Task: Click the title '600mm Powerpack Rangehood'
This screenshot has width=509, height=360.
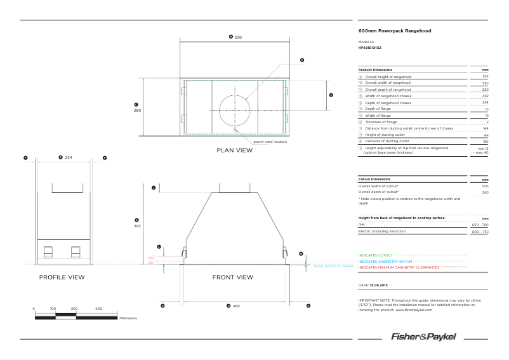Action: [x=387, y=30]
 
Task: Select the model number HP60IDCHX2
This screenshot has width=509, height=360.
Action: [x=370, y=48]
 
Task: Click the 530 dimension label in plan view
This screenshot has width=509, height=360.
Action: [x=238, y=37]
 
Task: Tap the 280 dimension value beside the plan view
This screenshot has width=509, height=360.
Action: [x=137, y=110]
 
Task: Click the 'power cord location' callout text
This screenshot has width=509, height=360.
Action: [x=270, y=142]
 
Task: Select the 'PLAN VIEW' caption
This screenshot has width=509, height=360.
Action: [x=234, y=151]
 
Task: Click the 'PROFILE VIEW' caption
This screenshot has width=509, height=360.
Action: [x=62, y=277]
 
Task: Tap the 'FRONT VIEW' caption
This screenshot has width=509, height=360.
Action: [x=232, y=277]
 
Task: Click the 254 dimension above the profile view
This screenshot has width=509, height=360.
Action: [x=69, y=157]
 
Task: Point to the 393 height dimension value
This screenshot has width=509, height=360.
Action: [x=137, y=225]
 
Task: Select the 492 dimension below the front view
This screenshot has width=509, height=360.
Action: [x=236, y=306]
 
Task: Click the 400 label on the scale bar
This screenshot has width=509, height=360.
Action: [x=98, y=309]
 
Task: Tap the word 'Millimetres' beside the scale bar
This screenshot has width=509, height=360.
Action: [x=128, y=317]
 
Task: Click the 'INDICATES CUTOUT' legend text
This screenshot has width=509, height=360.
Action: [x=376, y=255]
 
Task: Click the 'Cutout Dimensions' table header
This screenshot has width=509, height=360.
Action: [x=374, y=179]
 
